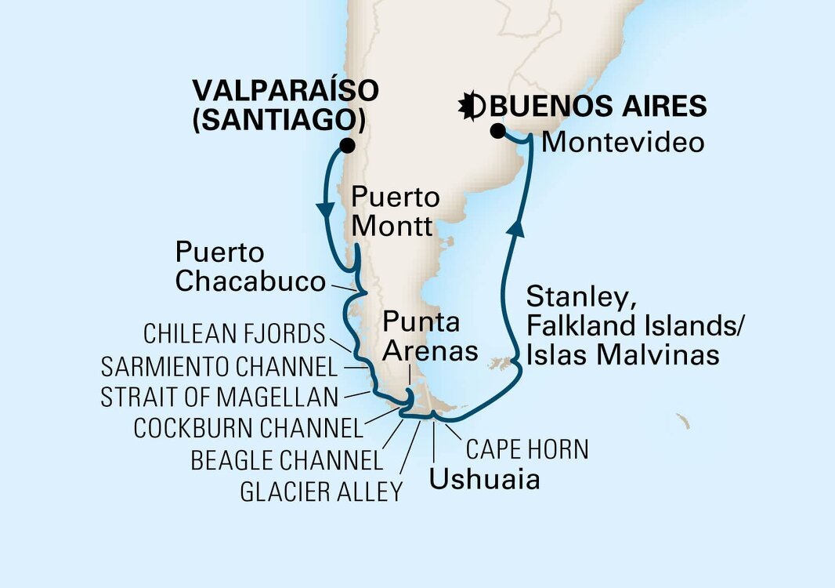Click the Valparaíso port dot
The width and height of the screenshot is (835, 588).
click(347, 146)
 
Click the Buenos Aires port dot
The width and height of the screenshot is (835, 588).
click(497, 131)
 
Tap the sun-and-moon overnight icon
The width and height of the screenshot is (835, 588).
click(475, 107)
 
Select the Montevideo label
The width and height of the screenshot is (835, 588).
click(624, 143)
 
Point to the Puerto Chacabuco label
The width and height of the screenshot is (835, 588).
click(250, 267)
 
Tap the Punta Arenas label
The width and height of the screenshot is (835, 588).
click(429, 336)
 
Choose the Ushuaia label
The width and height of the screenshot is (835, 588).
click(484, 478)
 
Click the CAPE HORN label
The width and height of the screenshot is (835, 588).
click(526, 449)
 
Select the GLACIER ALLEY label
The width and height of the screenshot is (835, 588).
click(321, 492)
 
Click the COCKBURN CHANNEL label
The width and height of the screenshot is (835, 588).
click(249, 428)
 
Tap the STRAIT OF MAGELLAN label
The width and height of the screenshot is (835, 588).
click(219, 397)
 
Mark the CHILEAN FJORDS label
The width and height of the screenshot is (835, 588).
click(234, 335)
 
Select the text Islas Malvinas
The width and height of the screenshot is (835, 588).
click(623, 354)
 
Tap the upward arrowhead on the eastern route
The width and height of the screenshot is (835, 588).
click(515, 228)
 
